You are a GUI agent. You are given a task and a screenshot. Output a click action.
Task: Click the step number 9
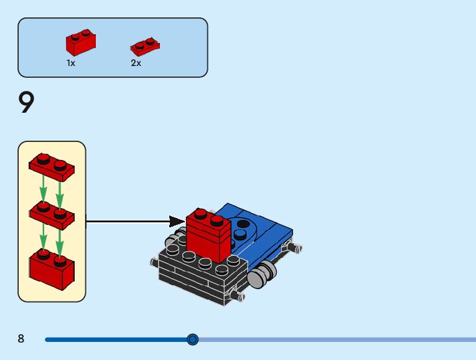click(x=26, y=103)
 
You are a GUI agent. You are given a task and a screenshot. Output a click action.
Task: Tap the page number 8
click(x=21, y=339)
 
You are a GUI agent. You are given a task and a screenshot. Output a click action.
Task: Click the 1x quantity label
click(x=71, y=63)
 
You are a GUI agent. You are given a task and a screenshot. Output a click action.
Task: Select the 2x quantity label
click(x=136, y=63)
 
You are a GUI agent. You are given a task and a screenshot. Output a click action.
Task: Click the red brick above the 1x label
click(x=80, y=43)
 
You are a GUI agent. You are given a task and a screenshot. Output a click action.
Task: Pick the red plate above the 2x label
click(x=144, y=45)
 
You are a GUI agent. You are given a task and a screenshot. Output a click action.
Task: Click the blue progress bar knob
click(x=193, y=339)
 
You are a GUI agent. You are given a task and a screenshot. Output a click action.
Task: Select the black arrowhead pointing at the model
click(x=177, y=221)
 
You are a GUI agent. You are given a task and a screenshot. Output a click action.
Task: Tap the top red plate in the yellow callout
click(x=52, y=166)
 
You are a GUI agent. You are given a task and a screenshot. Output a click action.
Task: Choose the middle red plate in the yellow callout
click(x=52, y=215)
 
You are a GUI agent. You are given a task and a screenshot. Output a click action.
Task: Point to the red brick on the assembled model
click(x=208, y=237)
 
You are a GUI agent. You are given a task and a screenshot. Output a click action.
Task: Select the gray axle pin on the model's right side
click(x=293, y=248)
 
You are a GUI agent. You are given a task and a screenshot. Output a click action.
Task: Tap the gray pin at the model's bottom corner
click(x=236, y=295)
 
